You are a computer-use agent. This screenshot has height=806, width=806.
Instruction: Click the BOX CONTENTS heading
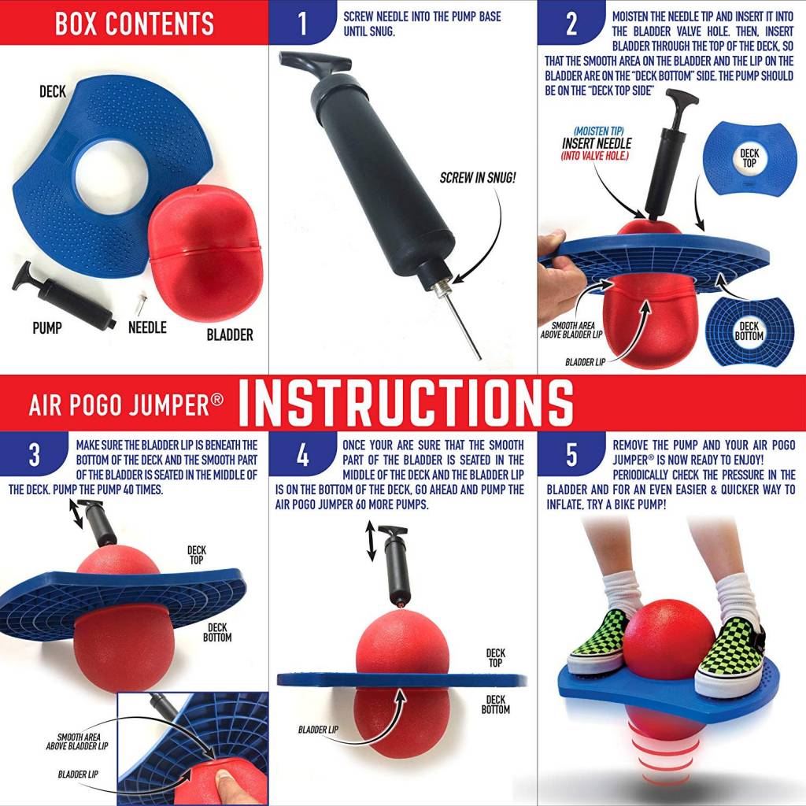click(x=134, y=24)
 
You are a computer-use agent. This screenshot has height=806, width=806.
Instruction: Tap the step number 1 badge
click(x=303, y=24)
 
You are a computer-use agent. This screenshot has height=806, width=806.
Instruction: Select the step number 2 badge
click(x=571, y=24)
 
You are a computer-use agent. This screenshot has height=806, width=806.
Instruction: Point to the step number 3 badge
click(x=34, y=455)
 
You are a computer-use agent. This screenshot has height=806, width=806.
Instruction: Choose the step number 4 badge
click(x=303, y=455)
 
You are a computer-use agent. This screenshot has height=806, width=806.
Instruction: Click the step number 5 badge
click(x=571, y=455)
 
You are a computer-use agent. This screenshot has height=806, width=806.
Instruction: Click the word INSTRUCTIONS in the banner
click(x=405, y=402)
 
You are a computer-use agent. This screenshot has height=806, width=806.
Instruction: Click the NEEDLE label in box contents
click(x=147, y=327)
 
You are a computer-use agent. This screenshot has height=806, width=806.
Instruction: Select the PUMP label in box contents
click(x=47, y=327)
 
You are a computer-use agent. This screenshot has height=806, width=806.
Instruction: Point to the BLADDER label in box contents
click(x=230, y=335)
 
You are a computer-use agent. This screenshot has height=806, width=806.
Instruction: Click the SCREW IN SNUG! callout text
click(x=478, y=178)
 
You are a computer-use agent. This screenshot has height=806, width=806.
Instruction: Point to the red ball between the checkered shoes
click(x=669, y=638)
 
